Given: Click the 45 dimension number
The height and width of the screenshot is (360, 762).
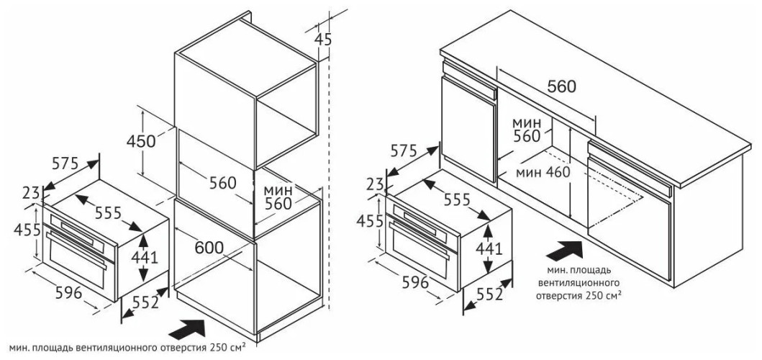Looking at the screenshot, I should [325, 40].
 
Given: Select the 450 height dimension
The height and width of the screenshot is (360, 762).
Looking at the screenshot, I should [141, 141].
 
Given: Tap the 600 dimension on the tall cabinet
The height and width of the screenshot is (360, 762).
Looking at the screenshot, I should [209, 246].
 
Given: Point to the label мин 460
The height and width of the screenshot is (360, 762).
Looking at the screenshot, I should [542, 172].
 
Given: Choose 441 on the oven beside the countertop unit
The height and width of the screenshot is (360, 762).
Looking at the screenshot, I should [489, 248].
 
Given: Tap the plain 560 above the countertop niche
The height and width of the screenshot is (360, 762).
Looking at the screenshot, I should [561, 87].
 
